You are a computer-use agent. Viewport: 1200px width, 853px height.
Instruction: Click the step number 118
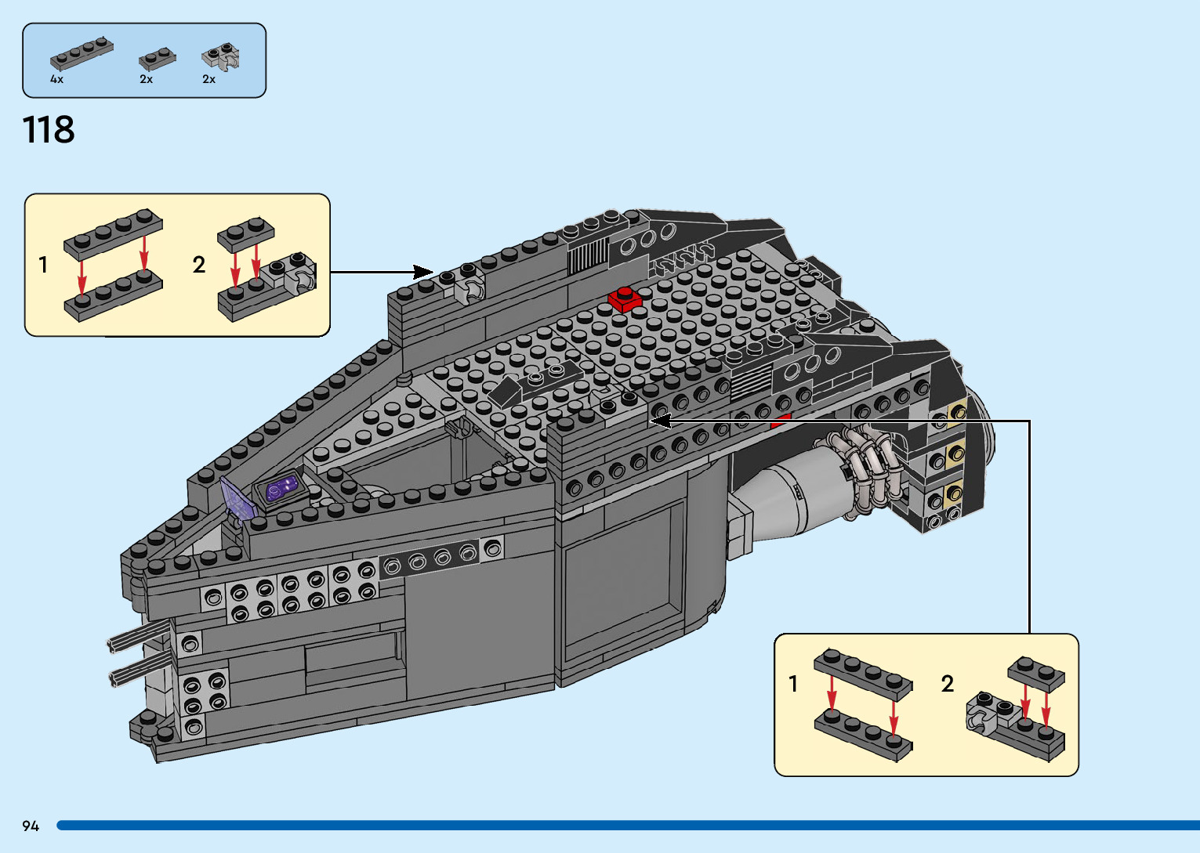[x=49, y=130]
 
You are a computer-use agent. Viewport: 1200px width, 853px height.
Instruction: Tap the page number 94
[x=31, y=826]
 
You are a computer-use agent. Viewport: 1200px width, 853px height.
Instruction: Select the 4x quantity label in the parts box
[x=56, y=79]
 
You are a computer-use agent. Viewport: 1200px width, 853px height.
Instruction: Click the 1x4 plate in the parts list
[x=82, y=54]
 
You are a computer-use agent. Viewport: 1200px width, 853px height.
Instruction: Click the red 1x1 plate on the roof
[x=625, y=299]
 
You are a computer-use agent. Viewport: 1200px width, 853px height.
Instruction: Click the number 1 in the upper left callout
[x=43, y=266]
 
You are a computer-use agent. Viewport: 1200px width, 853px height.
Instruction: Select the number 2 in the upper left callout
[x=199, y=265]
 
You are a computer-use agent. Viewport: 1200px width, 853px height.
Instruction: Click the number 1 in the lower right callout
[x=793, y=684]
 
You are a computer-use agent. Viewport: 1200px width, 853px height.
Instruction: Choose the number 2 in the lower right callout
[x=948, y=684]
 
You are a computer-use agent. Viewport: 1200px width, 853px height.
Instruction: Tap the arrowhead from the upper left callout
[x=424, y=272]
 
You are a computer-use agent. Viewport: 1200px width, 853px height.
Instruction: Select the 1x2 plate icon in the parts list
[x=157, y=59]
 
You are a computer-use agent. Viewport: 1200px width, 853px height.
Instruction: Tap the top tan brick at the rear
[x=955, y=413]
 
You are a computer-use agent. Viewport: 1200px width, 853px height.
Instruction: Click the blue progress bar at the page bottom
[x=627, y=826]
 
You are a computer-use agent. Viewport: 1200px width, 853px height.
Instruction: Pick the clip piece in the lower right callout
[x=988, y=714]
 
